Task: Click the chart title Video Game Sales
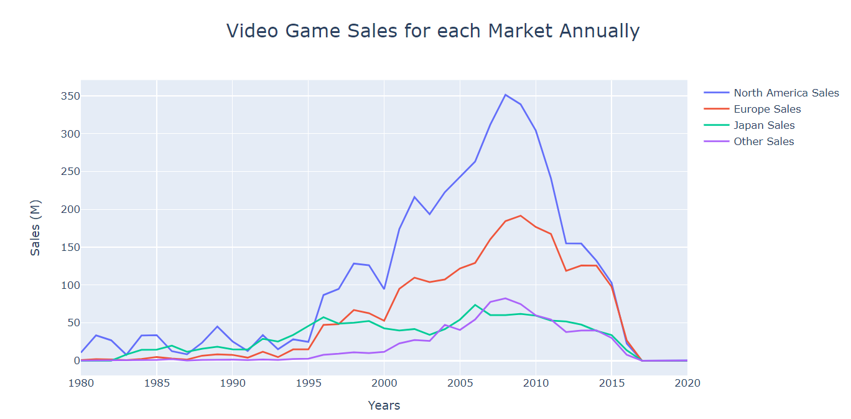[x=432, y=31]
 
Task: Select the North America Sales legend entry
[x=786, y=93]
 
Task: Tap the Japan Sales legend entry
[x=764, y=125]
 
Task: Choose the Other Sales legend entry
[x=763, y=141]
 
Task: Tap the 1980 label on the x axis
[x=81, y=384]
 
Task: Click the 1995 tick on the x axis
[x=308, y=384]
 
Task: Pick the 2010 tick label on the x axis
[x=536, y=384]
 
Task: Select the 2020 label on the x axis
[x=687, y=384]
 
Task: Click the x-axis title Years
[x=384, y=406]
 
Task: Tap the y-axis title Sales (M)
[x=35, y=228]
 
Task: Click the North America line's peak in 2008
[x=505, y=95]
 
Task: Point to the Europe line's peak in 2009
[x=521, y=215]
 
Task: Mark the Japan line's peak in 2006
[x=475, y=304]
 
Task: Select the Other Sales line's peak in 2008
[x=505, y=298]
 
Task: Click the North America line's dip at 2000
[x=384, y=289]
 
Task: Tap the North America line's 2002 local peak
[x=414, y=197]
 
